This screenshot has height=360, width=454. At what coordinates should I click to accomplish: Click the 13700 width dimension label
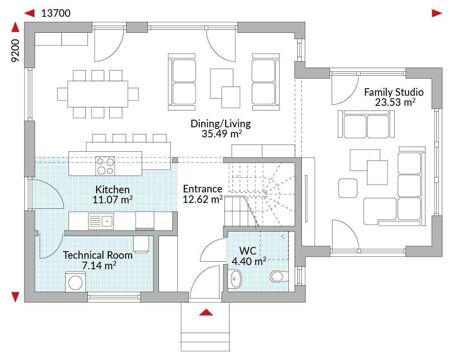coord(56,13)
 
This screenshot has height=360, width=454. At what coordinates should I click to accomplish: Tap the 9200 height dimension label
coord(15,50)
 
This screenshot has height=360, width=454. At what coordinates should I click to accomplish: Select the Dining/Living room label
coord(221,124)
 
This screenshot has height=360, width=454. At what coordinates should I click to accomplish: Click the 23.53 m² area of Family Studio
coord(395,102)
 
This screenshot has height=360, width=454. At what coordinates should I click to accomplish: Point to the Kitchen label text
coord(112,189)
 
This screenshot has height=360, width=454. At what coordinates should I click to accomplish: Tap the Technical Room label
coord(98,255)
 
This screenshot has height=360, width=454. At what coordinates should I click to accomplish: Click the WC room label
coord(248,251)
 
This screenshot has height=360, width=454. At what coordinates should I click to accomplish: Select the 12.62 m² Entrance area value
coord(203,199)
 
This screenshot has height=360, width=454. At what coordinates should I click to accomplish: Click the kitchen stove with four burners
coord(105,166)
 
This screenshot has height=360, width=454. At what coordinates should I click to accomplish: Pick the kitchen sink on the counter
coord(101,221)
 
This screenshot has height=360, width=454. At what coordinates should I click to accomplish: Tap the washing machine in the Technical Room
coord(76,282)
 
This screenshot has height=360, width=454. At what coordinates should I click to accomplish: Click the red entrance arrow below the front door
coord(206,312)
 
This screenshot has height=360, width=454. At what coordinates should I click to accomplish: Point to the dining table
coord(98,94)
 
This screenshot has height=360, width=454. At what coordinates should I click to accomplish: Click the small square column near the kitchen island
coord(175,160)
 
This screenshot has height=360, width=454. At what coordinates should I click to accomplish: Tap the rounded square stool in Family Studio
coord(348,188)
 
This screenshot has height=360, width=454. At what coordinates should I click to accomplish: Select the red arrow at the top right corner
coord(437,13)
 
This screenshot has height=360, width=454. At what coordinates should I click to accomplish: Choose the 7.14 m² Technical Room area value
coord(99,265)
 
